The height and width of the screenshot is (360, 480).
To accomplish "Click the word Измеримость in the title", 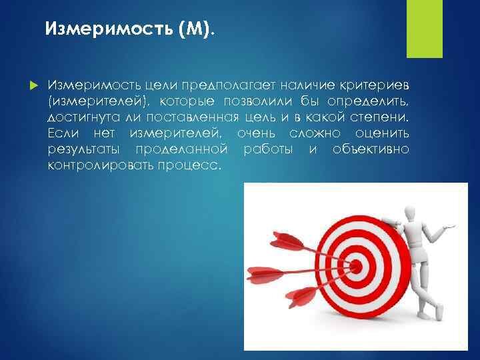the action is pos(109,29).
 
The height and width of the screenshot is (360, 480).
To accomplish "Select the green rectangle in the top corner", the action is pos(424,29).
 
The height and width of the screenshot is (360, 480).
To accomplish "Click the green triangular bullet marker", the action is pos(34,85).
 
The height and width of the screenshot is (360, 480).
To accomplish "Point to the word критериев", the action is pos(374,85).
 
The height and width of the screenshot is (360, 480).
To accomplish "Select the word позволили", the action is pos(258,101).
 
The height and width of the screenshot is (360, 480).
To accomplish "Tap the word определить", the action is pos(367,102).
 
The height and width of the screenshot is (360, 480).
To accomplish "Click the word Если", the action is pos(63,133).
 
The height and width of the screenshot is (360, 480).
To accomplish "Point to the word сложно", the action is pos(315,133).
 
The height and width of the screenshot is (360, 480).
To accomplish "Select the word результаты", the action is pos(83,150).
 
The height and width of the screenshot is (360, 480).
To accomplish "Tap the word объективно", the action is pos(371,149).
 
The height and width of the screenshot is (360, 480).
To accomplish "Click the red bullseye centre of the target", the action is pos(356,266).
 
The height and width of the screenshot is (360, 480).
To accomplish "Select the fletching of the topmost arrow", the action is pos(286,240).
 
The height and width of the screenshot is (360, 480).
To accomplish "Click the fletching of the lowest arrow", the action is pos(301,297).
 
